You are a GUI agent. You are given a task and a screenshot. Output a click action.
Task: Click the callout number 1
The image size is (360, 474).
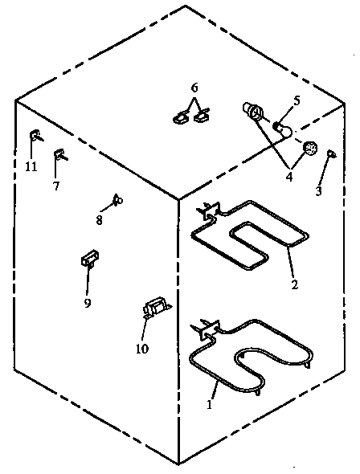point(210,405)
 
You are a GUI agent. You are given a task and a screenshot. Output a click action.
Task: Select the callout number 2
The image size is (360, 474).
point(294,284)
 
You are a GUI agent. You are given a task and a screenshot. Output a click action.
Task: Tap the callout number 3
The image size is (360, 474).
point(318,191)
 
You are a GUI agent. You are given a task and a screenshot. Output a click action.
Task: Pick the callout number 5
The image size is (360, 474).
point(296,100)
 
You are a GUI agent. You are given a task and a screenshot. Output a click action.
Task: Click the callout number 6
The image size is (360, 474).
point(193,87)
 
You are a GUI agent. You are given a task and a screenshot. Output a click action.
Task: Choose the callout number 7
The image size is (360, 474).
point(55,186)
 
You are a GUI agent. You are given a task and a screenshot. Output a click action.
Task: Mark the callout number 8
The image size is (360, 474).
point(100,218)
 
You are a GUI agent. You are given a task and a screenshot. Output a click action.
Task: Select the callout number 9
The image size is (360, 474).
point(88,302)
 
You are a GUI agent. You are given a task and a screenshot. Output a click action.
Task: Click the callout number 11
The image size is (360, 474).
point(31,166)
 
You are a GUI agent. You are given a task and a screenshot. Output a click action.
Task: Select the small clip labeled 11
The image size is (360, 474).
point(35,135)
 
